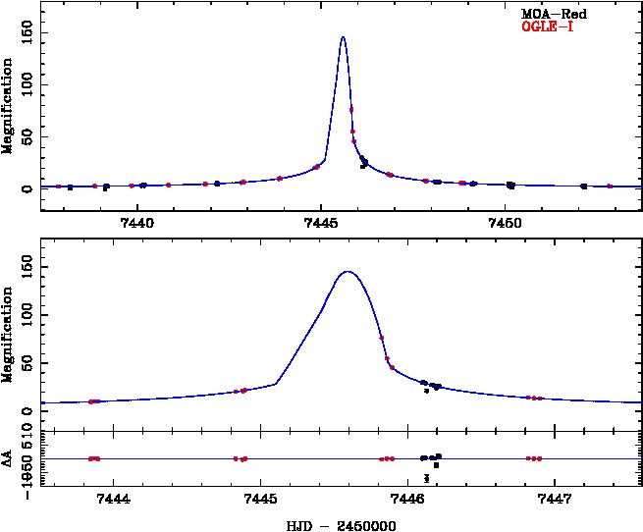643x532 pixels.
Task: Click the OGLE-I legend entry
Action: pos(547,26)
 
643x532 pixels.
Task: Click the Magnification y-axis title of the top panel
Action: pos(9,105)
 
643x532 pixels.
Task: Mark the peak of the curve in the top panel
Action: pos(343,37)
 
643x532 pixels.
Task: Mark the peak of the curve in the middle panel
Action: pos(348,271)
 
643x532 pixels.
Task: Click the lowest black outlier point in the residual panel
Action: pos(427,478)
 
